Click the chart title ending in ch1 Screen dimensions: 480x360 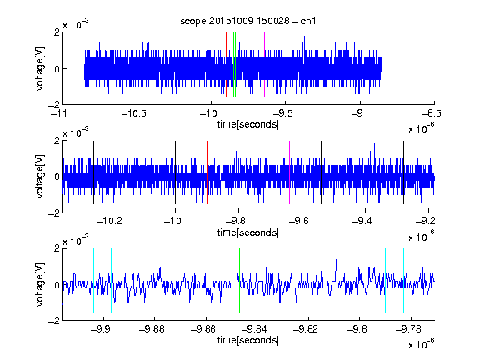coord(248,21)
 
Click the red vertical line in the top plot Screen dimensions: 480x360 coord(226,65)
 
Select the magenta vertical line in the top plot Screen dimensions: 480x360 coord(264,65)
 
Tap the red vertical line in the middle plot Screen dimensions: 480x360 coord(207,172)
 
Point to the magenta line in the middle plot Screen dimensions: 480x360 coord(290,172)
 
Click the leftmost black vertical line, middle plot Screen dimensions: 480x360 coord(93,172)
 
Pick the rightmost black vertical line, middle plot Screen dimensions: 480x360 coord(404,172)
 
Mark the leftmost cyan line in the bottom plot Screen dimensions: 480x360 coord(93,280)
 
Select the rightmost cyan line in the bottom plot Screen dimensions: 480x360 coord(404,280)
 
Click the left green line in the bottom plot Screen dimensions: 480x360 coord(239,280)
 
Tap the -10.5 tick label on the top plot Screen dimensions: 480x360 coord(134,113)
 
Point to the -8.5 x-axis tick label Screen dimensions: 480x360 coord(432,113)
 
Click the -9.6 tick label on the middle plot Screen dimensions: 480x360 coord(299,221)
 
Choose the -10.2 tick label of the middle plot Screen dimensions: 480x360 coord(109,221)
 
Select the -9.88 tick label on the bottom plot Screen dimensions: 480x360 coord(152,329)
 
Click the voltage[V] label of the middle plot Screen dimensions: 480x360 coord(40,177)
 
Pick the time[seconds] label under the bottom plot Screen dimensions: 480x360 coord(248,340)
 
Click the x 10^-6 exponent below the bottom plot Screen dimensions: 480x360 coord(422,343)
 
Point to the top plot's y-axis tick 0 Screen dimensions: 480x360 coord(57,69)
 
